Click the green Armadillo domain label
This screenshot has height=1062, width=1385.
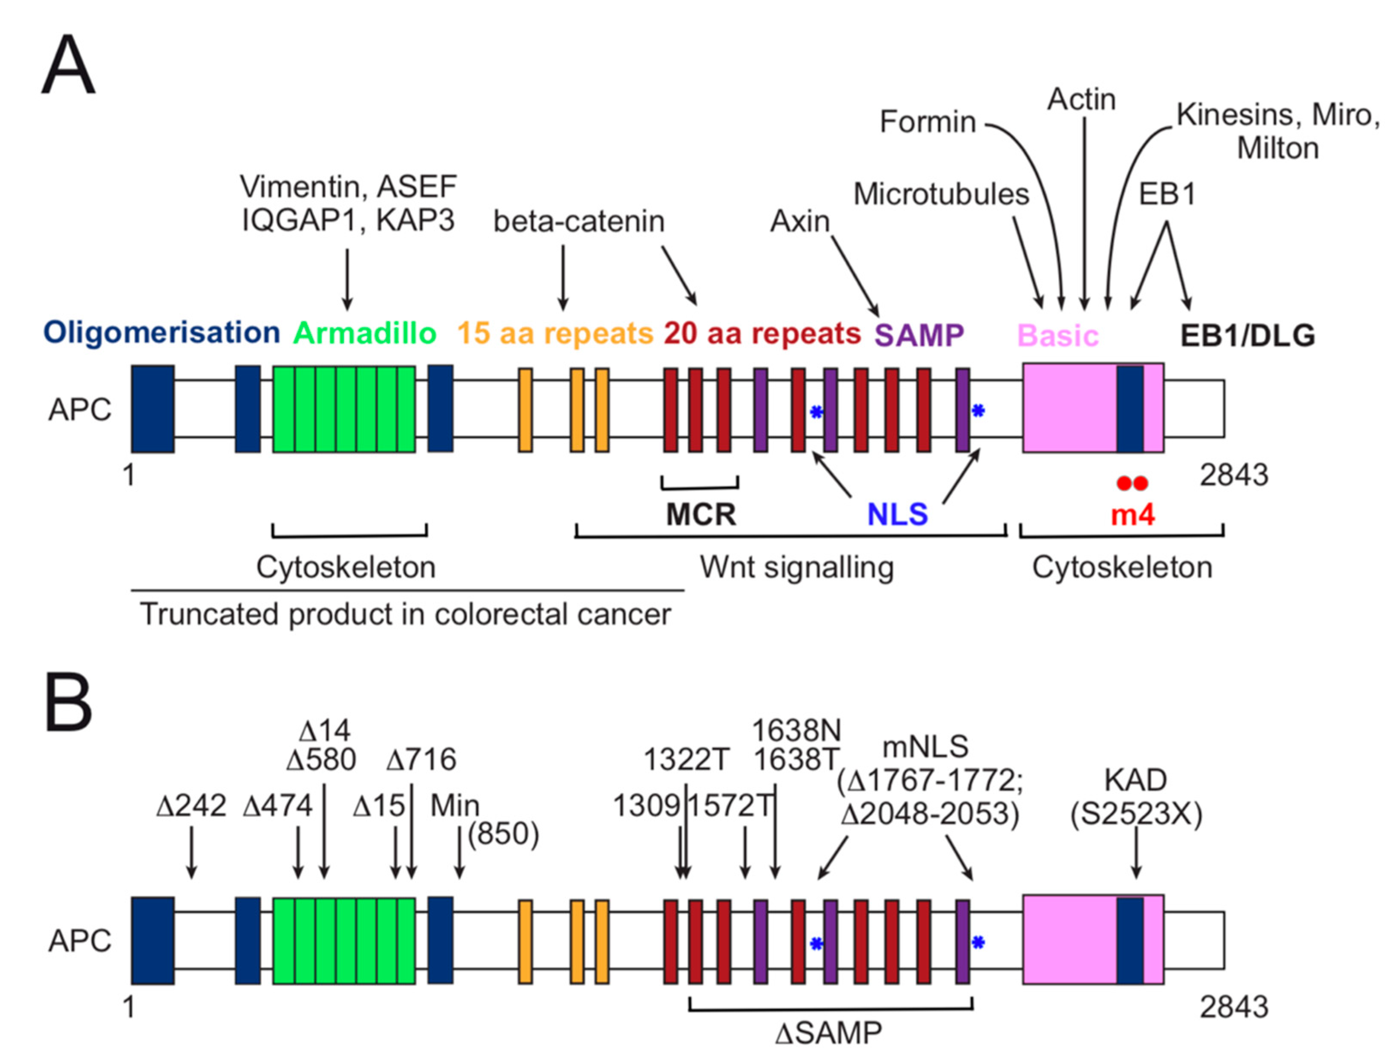[364, 333]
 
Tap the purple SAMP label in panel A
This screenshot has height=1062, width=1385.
[919, 335]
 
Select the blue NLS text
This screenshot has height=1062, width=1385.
[897, 515]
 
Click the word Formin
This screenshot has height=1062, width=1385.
[928, 121]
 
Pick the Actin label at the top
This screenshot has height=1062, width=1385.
[1082, 99]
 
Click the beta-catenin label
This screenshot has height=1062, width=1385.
[579, 221]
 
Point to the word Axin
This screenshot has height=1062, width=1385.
[799, 221]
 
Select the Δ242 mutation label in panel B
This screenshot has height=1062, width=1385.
[191, 805]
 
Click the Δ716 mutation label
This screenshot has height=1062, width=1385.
[421, 759]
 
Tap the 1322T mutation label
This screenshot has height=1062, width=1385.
[686, 759]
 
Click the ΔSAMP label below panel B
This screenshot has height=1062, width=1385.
[828, 1033]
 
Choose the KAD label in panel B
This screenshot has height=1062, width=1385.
[1135, 780]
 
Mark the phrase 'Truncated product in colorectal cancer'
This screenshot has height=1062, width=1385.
[405, 614]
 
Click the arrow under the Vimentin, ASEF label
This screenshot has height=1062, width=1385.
[347, 279]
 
